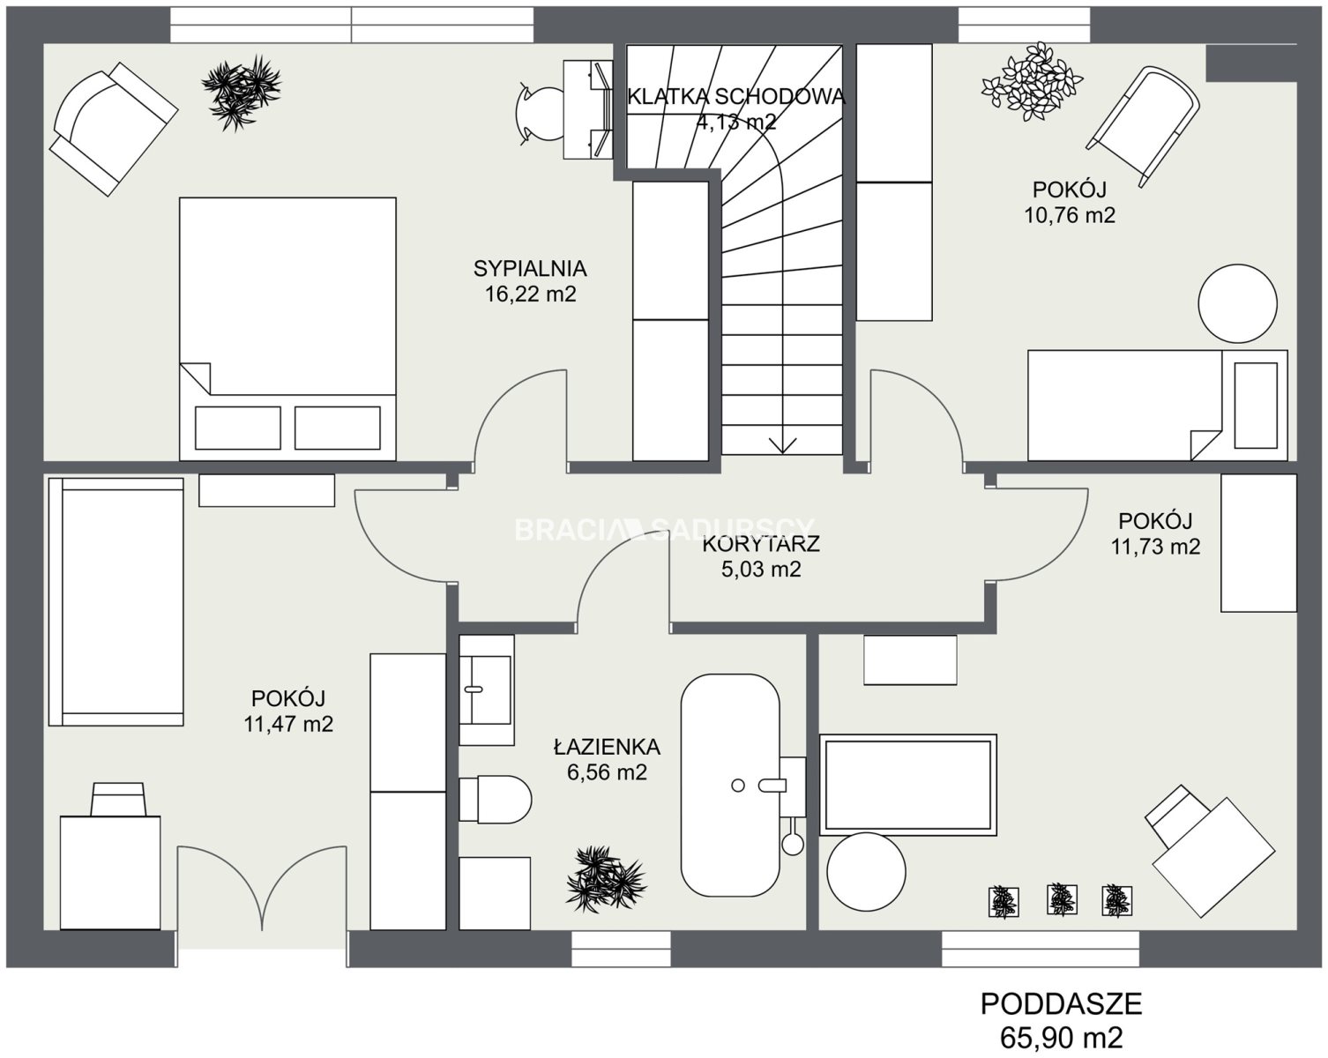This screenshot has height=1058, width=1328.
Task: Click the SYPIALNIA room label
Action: [530, 268]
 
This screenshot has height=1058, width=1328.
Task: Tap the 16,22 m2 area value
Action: [530, 294]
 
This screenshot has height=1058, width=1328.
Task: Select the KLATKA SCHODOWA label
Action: [735, 97]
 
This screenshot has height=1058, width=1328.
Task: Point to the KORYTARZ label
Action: [761, 543]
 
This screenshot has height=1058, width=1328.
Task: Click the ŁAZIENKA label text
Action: [607, 747]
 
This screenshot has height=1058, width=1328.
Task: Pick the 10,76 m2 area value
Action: [1070, 215]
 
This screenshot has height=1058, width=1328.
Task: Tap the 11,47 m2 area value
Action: [288, 724]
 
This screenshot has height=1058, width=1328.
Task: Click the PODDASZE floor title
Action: [1062, 1004]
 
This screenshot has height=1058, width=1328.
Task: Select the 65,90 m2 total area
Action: [1062, 1038]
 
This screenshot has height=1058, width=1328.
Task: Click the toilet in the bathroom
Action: [496, 800]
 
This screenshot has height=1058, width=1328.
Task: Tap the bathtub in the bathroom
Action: [730, 786]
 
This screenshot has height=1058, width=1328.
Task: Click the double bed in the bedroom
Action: [287, 329]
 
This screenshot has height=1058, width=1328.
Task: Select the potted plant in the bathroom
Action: [606, 879]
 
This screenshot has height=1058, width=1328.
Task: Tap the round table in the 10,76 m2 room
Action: [1237, 303]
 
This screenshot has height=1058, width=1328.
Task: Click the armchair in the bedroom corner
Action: [114, 129]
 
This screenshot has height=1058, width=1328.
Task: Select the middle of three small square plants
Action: [1062, 899]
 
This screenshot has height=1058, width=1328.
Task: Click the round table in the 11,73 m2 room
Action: [867, 872]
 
